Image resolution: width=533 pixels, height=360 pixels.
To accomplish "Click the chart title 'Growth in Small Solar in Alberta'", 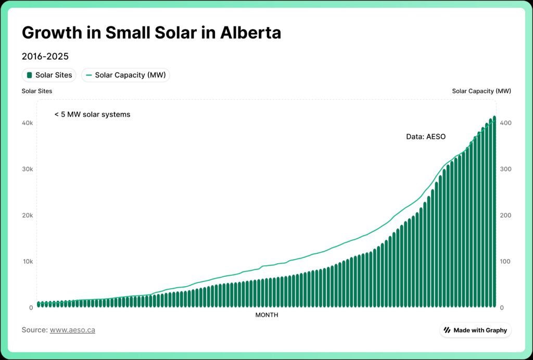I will click(151, 33).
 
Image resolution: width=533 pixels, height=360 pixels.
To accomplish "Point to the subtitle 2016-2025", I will click(45, 56).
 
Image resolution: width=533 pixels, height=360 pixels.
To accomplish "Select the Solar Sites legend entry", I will click(49, 75).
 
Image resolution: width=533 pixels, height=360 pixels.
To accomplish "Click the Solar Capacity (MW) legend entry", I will click(125, 75).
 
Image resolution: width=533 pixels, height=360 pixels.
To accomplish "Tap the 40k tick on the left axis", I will click(28, 123).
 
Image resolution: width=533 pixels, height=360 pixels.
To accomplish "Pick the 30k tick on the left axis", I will click(28, 169).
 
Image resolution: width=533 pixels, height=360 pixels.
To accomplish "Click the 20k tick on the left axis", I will click(28, 215).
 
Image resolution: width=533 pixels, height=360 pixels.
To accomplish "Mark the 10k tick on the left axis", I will click(28, 261).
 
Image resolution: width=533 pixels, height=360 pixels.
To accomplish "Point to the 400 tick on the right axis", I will click(505, 123).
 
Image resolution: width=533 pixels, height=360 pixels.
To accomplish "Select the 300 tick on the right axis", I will click(505, 169).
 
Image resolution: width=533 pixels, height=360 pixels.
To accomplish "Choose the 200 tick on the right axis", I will click(505, 215).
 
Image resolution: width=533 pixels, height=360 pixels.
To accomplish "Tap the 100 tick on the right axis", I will click(505, 261).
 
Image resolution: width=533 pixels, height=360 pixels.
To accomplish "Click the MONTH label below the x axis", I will click(266, 315).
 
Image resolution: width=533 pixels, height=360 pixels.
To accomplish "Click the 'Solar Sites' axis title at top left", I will click(37, 91).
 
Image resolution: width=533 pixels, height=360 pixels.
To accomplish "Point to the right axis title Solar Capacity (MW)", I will click(481, 91).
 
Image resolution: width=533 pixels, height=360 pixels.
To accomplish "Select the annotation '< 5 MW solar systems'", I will click(92, 114).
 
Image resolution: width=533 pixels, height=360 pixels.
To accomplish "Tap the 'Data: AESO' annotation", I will click(426, 137).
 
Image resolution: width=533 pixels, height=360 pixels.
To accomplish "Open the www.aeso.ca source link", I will click(72, 330).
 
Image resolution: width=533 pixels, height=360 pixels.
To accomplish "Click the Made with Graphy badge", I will click(475, 330).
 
